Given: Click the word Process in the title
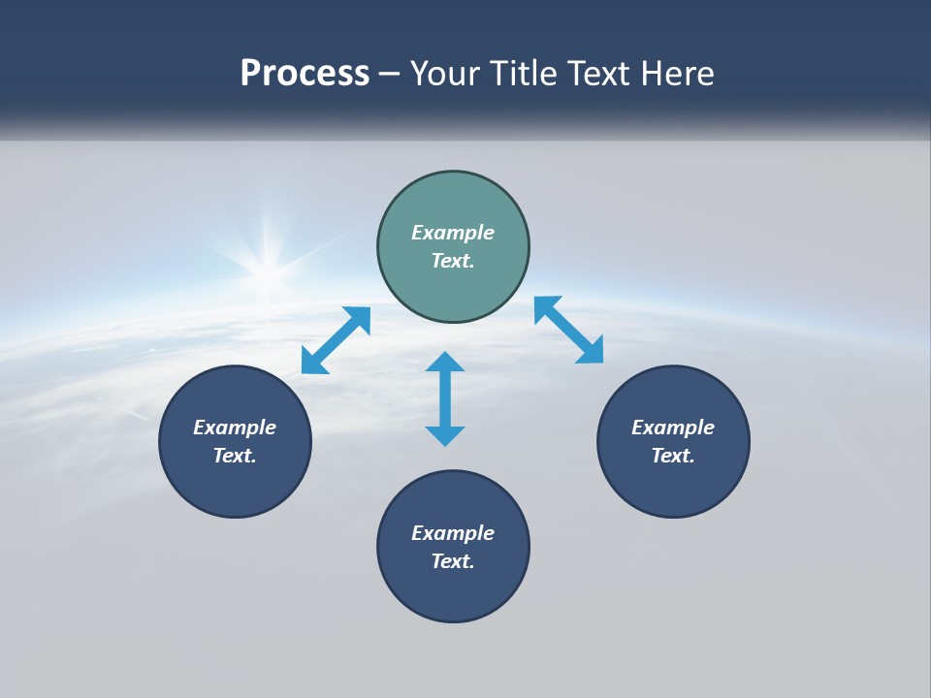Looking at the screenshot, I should tap(305, 74).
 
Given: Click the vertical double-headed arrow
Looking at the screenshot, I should tap(445, 398).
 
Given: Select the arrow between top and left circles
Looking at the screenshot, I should tap(336, 340).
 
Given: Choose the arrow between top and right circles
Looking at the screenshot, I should tap(568, 331).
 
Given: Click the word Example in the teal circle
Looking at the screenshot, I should tap(453, 233).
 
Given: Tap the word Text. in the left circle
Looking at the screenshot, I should tap(235, 456).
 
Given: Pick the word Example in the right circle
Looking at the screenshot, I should tap(673, 428).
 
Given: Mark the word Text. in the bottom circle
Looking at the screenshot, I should tap(453, 561).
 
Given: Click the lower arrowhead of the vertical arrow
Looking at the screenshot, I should tap(445, 433).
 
